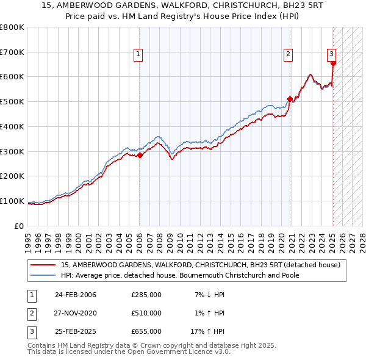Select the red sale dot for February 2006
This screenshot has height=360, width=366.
click(140, 155)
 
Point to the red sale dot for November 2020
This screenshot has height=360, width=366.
click(290, 99)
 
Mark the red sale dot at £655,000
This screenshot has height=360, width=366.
click(333, 62)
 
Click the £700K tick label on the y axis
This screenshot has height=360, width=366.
click(12, 52)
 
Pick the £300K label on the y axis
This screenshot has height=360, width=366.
click(12, 151)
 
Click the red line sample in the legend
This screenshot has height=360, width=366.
click(43, 265)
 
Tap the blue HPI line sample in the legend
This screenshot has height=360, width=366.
click(43, 275)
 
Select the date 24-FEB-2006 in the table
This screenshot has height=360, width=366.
click(75, 295)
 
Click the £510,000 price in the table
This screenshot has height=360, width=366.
click(146, 313)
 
